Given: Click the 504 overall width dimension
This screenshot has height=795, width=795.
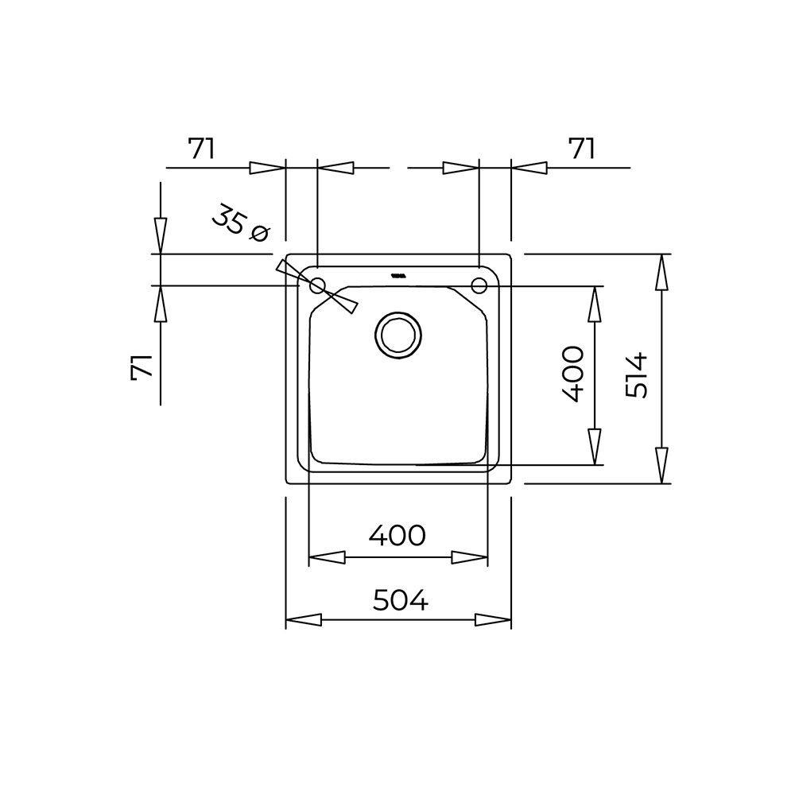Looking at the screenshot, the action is tap(401, 600).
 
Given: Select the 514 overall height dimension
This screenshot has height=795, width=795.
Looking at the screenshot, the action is tap(637, 376).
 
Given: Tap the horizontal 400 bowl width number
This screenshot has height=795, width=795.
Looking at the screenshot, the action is tap(397, 535).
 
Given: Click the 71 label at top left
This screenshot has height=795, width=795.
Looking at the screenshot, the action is tap(202, 149).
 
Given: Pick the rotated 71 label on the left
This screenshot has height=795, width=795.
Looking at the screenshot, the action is tap(142, 366).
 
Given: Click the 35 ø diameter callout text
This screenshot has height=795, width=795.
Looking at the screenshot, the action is tap(240, 223).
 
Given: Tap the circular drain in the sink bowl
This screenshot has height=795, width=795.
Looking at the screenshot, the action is tap(398, 335).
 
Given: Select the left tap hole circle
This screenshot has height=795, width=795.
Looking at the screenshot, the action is tap(317, 286).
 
